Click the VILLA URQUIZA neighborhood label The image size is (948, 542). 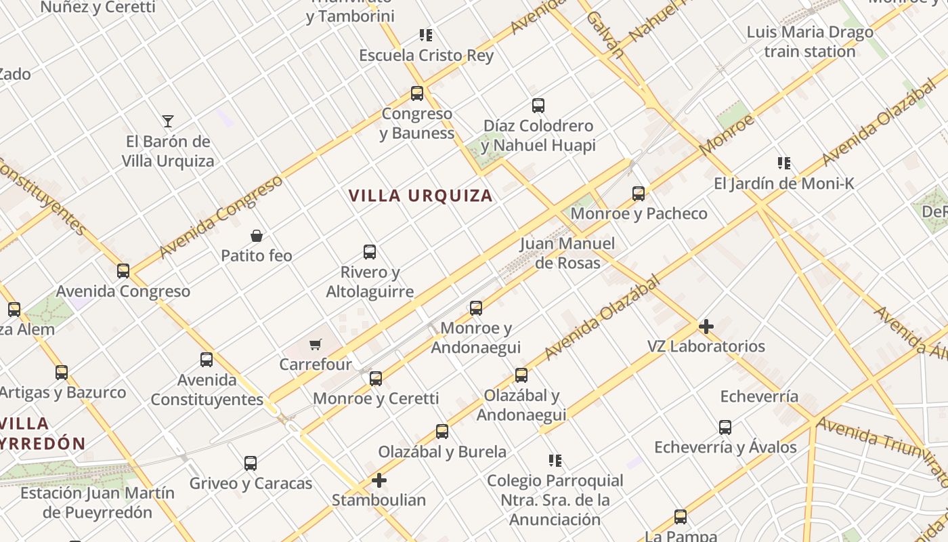click(x=420, y=196)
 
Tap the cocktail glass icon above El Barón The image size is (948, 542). click(x=168, y=121)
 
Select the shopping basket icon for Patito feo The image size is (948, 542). click(x=257, y=236)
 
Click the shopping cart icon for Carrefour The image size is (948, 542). click(x=315, y=345)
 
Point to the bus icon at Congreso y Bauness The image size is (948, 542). click(x=417, y=93)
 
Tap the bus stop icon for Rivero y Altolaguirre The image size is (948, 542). click(x=370, y=252)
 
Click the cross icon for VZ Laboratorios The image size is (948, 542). click(x=706, y=327)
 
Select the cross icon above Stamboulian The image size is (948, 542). click(x=379, y=480)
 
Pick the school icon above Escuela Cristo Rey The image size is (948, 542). click(x=425, y=35)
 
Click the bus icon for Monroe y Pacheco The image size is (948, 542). click(x=639, y=194)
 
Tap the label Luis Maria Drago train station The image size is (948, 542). click(x=810, y=42)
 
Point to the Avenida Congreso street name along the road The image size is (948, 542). click(x=221, y=217)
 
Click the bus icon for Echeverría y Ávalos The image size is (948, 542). click(x=725, y=428)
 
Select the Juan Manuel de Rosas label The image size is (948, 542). click(x=567, y=253)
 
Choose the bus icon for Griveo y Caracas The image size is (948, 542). click(x=251, y=463)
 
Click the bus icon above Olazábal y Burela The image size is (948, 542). click(x=442, y=431)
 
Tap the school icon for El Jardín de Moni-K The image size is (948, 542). click(x=784, y=163)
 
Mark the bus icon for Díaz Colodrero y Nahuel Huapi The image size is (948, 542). click(x=538, y=106)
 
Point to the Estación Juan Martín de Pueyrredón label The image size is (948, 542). click(x=98, y=502)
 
